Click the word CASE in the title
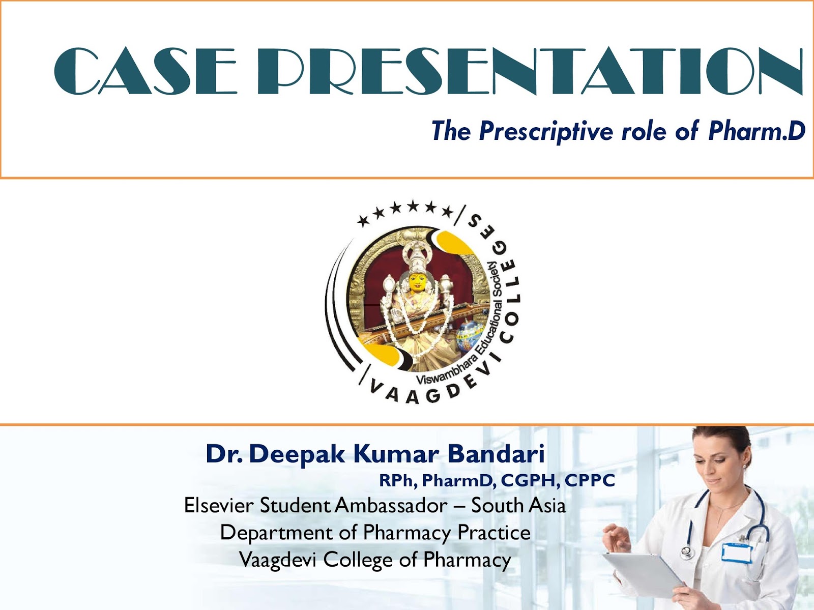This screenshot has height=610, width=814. pyautogui.click(x=145, y=72)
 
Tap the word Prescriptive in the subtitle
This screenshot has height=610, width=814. pyautogui.click(x=546, y=132)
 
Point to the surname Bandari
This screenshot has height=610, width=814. pyautogui.click(x=496, y=453)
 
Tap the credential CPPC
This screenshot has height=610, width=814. pyautogui.click(x=590, y=480)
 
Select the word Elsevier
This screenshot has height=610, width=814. pyautogui.click(x=218, y=506)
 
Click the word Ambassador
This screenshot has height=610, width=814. pyautogui.click(x=391, y=506)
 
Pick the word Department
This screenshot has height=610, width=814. pyautogui.click(x=276, y=533)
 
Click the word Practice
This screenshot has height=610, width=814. pyautogui.click(x=493, y=533)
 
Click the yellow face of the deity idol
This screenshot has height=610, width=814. pyautogui.click(x=417, y=282)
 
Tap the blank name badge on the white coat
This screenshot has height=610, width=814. pyautogui.click(x=736, y=553)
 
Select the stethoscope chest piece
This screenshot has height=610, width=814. pyautogui.click(x=687, y=551)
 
